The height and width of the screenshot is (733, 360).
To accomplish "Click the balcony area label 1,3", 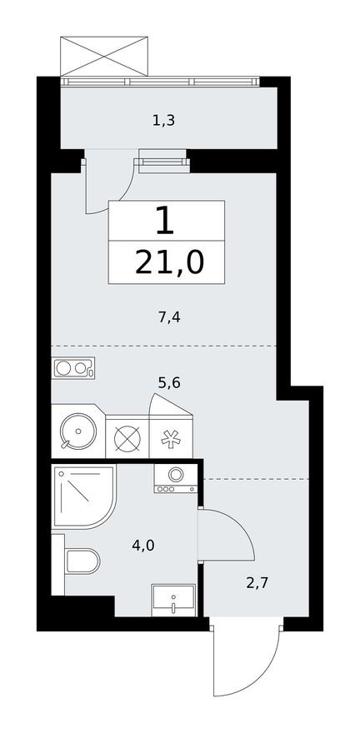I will (163, 121).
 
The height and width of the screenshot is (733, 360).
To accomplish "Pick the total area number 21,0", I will (168, 263).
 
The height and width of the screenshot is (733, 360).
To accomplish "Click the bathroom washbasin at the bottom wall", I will (173, 599).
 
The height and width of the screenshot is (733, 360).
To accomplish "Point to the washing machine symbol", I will (177, 478).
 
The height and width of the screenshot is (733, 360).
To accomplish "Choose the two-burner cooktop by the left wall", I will (73, 367).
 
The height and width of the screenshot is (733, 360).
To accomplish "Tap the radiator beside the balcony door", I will (163, 158).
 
